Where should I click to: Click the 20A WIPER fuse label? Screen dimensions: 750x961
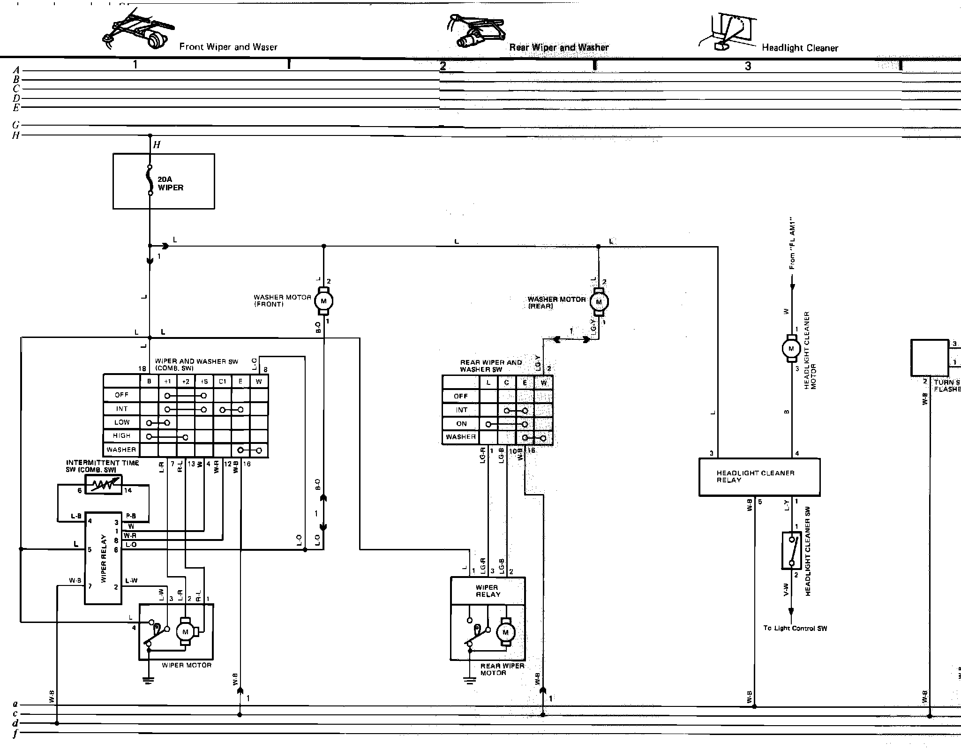click(x=170, y=183)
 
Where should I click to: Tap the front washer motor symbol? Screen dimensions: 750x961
click(x=323, y=300)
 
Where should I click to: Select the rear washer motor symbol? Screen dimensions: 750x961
click(x=598, y=302)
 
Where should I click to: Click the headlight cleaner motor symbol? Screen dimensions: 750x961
click(x=791, y=348)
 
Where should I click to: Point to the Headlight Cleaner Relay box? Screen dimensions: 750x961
click(x=759, y=477)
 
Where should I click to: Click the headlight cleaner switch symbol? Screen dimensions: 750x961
click(x=791, y=550)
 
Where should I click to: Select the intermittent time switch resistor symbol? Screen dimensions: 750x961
click(x=103, y=485)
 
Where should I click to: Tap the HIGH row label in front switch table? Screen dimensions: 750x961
click(x=121, y=436)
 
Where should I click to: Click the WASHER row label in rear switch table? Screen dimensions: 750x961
click(x=461, y=437)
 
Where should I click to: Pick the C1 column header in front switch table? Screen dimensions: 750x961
click(x=222, y=381)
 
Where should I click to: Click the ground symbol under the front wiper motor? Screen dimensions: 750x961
click(x=149, y=680)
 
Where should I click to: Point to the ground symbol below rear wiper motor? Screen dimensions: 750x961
click(x=469, y=680)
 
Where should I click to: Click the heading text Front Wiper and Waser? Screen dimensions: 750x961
click(x=228, y=47)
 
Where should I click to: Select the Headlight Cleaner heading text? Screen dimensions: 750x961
click(x=800, y=48)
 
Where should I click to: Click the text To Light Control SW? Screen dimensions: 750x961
click(x=795, y=628)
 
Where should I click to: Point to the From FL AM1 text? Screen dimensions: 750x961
click(x=792, y=243)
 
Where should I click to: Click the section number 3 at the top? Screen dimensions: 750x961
click(x=748, y=66)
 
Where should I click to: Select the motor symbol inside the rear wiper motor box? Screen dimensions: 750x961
click(x=505, y=632)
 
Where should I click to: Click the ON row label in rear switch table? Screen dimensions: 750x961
click(x=461, y=424)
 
